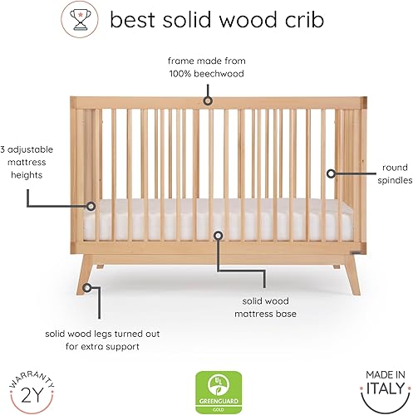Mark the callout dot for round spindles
(x=332, y=173)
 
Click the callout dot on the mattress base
(x=218, y=235)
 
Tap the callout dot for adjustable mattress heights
(x=91, y=205)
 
